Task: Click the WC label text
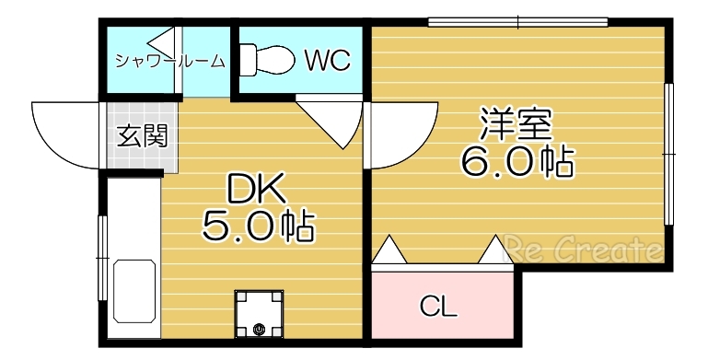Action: [x=327, y=61]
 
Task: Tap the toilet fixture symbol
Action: [x=267, y=60]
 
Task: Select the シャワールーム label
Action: [x=170, y=62]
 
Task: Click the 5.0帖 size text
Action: [x=258, y=225]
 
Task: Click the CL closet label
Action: [x=439, y=307]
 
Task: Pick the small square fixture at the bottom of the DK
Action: [x=259, y=314]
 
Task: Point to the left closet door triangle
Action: [x=389, y=250]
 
